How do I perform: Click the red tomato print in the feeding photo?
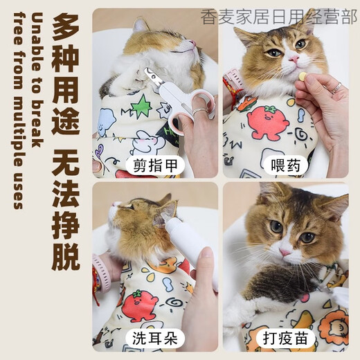pyautogui.click(x=267, y=121)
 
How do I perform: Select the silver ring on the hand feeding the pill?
pyautogui.click(x=336, y=87)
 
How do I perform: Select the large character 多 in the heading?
pyautogui.click(x=66, y=29)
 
